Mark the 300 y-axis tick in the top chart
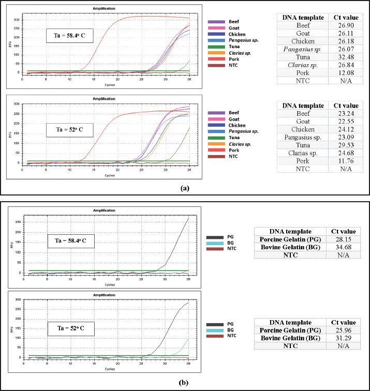click(x=17, y=20)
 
